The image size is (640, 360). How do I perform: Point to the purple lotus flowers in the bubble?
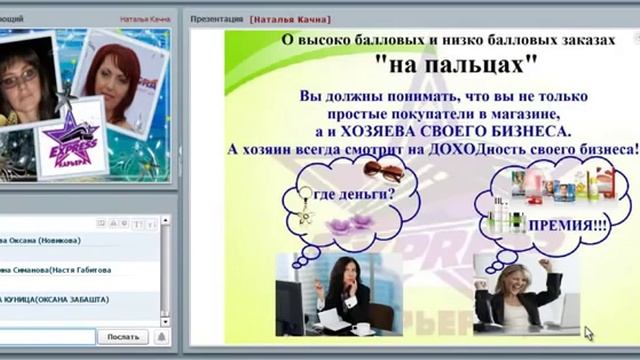click(352, 220)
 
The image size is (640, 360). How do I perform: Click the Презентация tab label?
click(214, 18)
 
